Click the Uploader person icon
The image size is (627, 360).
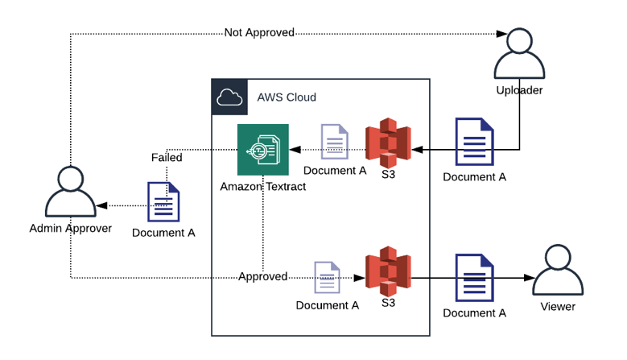(519, 54)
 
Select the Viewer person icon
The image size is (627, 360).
(558, 271)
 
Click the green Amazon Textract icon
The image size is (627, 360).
(262, 150)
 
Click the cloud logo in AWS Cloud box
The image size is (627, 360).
(229, 97)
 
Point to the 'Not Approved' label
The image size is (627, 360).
(259, 33)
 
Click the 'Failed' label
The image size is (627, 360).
(167, 158)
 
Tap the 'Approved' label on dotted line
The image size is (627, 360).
(262, 276)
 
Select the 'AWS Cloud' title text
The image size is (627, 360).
(287, 97)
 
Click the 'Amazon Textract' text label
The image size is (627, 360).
(262, 187)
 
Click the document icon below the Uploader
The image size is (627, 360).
(475, 143)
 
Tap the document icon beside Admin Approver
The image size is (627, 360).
(163, 202)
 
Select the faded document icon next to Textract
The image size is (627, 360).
(335, 142)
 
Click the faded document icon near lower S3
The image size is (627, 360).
(327, 279)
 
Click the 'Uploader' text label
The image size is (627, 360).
(519, 90)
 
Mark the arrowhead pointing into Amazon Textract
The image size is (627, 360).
(295, 150)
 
